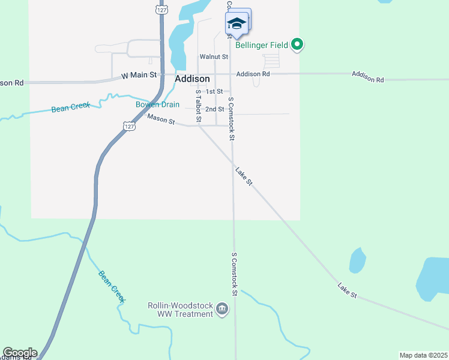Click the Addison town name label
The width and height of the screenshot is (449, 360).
192,79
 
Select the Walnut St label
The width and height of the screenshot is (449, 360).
214,57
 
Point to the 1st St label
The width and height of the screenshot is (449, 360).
214,92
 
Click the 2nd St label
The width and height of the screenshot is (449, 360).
214,109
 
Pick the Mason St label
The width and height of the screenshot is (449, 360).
160,121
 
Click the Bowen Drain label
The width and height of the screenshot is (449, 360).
157,104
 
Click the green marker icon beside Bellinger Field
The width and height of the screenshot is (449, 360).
297,44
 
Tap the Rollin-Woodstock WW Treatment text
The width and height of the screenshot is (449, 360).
180,310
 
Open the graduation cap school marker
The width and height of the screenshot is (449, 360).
236,24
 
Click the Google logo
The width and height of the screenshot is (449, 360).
20,353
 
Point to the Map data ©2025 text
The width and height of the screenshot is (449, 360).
423,355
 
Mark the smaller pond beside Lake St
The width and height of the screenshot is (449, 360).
357,260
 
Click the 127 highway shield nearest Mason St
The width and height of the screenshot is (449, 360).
129,125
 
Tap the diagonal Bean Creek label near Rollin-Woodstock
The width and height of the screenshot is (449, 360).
112,286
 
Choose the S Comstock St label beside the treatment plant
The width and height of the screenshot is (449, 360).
235,274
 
